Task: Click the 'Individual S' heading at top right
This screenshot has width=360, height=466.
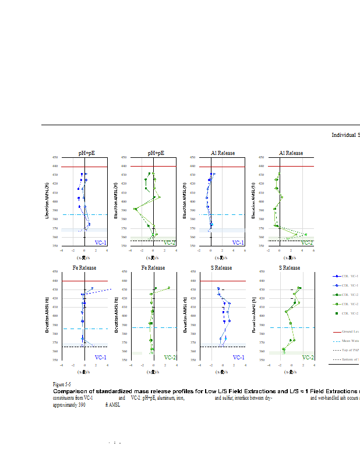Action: [x=345, y=135]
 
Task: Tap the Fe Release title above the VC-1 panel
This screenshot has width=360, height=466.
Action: [x=84, y=268]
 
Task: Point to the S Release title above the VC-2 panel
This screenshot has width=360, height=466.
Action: [x=289, y=268]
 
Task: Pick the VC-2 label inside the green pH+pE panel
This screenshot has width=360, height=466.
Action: [x=170, y=242]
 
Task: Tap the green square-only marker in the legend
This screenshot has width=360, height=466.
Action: [x=336, y=313]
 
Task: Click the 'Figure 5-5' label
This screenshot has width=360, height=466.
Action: [x=62, y=384]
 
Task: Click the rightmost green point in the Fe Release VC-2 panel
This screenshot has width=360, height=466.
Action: [x=169, y=288]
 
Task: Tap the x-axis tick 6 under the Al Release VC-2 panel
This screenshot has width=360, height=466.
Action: [x=314, y=250]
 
